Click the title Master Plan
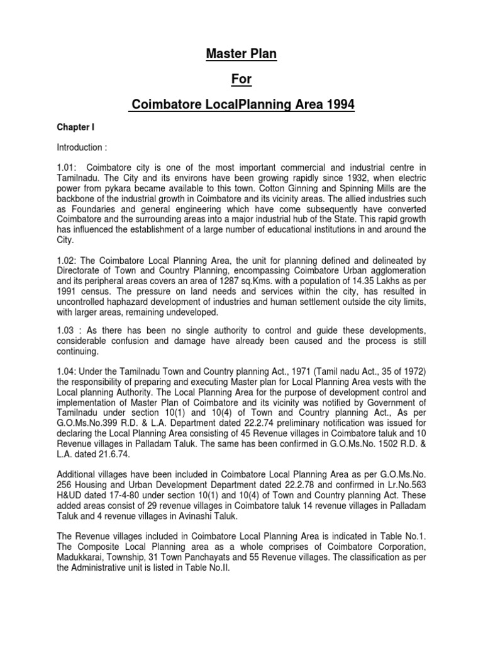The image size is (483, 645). [241, 55]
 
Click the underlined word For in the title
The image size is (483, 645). [241, 80]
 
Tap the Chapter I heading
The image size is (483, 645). [75, 127]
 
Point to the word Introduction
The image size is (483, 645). [80, 147]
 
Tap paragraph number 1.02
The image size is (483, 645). [67, 260]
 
